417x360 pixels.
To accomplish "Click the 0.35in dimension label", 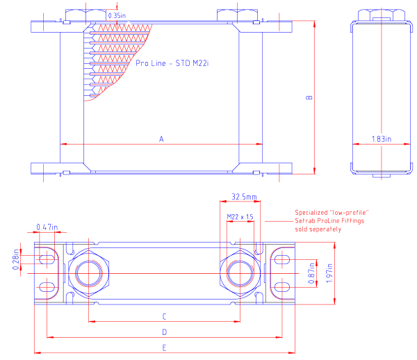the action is click(x=117, y=15).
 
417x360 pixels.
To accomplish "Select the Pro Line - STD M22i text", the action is click(x=172, y=63).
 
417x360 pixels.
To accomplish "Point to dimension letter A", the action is click(x=161, y=139).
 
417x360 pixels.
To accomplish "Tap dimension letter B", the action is click(x=309, y=97).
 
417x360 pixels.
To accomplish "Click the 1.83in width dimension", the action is click(x=382, y=139).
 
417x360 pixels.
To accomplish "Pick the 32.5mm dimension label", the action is click(x=244, y=197).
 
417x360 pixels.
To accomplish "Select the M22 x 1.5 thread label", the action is click(x=240, y=217).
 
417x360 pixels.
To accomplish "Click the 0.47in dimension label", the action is click(x=47, y=227).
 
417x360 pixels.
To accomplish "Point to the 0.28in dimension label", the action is click(x=16, y=259).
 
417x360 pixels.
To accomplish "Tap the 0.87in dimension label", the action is click(x=311, y=273).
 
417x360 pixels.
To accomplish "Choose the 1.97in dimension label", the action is click(x=329, y=273).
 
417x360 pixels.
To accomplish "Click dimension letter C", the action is click(x=164, y=316).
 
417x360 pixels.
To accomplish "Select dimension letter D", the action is click(x=164, y=332).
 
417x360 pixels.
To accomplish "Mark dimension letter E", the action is click(x=164, y=347).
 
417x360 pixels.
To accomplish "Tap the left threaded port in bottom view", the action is click(x=88, y=273).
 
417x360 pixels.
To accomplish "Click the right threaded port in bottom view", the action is click(x=240, y=273).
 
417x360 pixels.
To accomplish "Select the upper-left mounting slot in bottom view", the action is click(x=47, y=259).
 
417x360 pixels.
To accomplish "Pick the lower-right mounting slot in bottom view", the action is click(x=282, y=287).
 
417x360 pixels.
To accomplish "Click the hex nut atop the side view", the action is click(x=382, y=15).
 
